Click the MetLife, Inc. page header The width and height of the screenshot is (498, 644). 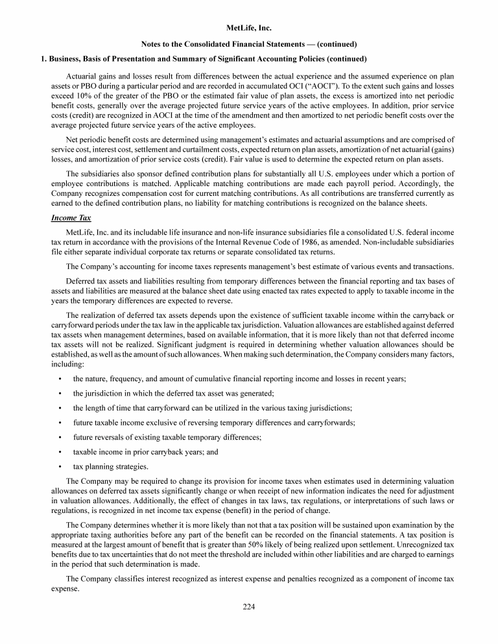(x=249, y=29)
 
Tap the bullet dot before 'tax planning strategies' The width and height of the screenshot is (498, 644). (x=60, y=466)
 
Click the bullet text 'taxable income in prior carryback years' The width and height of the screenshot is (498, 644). (x=145, y=452)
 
